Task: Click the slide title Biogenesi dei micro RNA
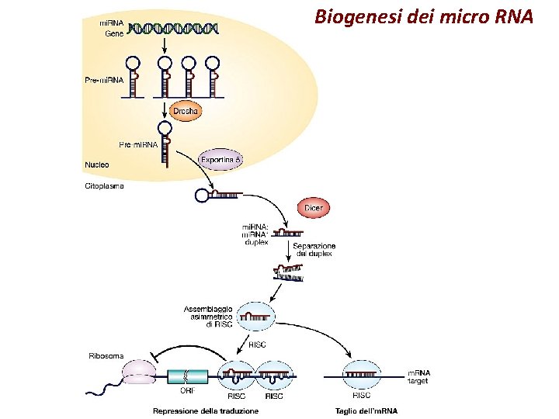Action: pos(424,16)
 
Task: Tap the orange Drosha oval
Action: pos(186,112)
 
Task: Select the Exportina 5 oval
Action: pos(222,160)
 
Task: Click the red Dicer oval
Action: pos(314,208)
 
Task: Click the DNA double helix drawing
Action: pos(174,29)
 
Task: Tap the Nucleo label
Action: pos(97,164)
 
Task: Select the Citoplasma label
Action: pos(103,186)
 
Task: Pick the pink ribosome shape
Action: pos(139,373)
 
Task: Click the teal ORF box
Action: pos(188,376)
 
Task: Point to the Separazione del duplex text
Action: pos(314,250)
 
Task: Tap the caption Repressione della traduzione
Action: pos(206,410)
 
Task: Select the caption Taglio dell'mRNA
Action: pos(366,410)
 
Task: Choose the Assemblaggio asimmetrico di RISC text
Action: pos(207,317)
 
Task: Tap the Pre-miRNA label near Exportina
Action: pos(138,145)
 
